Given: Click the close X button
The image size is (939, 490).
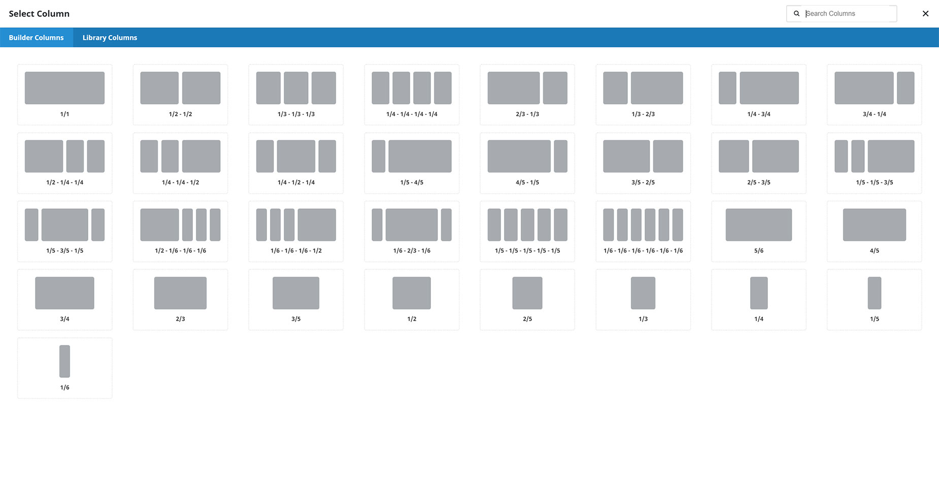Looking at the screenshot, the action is pos(925,14).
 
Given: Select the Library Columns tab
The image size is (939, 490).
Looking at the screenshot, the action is pos(110,38).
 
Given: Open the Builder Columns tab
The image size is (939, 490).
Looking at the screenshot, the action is pos(36,38).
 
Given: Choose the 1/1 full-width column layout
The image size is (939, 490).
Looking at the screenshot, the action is pos(64,94).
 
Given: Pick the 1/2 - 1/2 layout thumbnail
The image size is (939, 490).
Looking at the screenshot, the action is pos(180,94).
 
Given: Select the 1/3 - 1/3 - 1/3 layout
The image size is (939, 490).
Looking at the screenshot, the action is pos(296,94).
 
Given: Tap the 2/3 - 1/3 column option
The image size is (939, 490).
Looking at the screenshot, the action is pos(527,94).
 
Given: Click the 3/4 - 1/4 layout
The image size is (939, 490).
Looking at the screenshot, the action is pos(874,94).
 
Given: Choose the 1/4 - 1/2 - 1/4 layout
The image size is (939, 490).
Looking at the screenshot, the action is pos(296,163).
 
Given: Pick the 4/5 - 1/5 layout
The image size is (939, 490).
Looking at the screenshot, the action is pos(527,163).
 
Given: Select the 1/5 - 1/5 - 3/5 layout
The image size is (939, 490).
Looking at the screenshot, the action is pos(874,163).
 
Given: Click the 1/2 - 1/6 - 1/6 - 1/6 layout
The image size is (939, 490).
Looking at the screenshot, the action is pos(180,231).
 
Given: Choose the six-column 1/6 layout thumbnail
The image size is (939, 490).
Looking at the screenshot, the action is pos(643,231).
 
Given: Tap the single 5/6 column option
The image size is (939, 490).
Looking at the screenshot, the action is pos(759,231).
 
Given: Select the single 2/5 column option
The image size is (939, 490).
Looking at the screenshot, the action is pos(527,300).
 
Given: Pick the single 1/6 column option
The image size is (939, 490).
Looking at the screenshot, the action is pos(64,368).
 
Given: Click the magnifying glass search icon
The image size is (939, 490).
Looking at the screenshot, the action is pos(796,14).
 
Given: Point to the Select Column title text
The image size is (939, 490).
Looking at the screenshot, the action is pos(39,14).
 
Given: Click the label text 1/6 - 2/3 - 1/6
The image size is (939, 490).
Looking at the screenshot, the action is pos(412,251).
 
